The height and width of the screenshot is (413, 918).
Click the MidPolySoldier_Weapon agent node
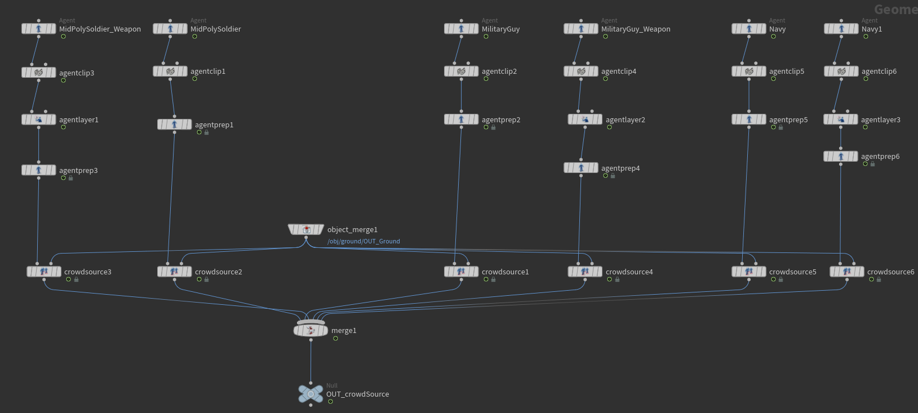(x=38, y=29)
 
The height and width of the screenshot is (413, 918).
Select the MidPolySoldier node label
(x=215, y=29)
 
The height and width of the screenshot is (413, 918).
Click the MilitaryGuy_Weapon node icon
(x=581, y=29)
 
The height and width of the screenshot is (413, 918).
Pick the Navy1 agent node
(x=841, y=29)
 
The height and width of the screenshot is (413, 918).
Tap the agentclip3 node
(x=38, y=73)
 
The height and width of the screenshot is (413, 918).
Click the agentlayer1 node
(x=38, y=119)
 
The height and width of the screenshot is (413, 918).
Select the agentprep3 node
(x=38, y=170)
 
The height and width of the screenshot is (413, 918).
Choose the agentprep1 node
(x=174, y=125)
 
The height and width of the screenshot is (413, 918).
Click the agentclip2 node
(x=461, y=72)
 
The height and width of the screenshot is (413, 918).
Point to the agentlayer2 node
(x=585, y=119)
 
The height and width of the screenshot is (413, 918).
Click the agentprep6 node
(x=840, y=157)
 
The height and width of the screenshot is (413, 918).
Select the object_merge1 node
(x=306, y=229)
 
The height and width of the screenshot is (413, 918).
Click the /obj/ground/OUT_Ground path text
(x=363, y=241)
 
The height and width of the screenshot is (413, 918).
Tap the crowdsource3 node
(x=44, y=272)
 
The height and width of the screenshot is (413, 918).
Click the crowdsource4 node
(x=585, y=272)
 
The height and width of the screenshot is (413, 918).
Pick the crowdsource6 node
(x=846, y=272)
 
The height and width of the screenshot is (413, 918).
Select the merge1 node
(x=311, y=330)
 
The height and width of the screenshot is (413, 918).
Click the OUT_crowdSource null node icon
(x=311, y=394)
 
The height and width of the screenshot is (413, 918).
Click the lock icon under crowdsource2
(x=207, y=279)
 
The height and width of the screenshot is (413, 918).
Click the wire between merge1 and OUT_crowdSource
(x=311, y=361)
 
